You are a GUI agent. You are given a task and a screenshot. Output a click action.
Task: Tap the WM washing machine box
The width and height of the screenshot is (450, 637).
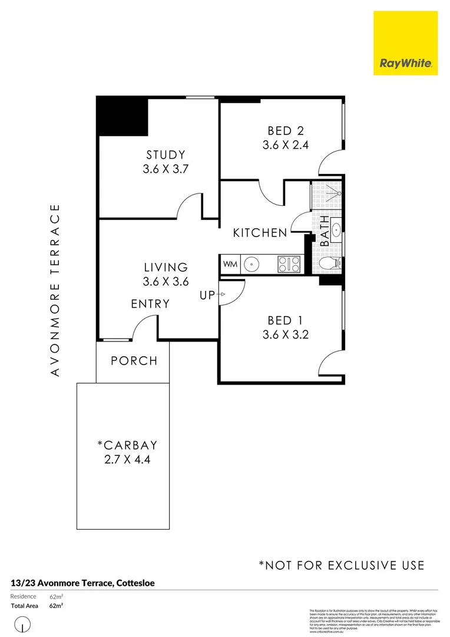230,264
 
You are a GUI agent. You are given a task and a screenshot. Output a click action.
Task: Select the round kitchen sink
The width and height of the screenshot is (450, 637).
252,264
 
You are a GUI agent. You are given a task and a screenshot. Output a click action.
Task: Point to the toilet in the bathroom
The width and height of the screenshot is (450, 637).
330,264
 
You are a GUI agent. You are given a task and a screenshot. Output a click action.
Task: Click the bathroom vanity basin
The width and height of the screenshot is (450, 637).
335,229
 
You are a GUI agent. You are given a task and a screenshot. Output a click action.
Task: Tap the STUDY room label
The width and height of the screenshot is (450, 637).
166,155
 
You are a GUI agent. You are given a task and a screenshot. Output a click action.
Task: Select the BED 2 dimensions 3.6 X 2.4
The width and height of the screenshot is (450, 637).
286,145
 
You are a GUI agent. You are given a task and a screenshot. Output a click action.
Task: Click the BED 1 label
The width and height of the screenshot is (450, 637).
285,320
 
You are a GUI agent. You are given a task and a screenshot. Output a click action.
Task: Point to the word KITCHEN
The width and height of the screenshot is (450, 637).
260,233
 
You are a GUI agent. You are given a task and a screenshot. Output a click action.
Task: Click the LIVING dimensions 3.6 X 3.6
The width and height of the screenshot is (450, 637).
166,282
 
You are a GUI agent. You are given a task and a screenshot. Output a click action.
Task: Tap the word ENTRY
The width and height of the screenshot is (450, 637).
150,304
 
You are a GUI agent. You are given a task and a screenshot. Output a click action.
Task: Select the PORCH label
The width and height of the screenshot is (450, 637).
134,360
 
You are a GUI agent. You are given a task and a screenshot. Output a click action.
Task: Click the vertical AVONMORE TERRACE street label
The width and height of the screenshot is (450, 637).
55,290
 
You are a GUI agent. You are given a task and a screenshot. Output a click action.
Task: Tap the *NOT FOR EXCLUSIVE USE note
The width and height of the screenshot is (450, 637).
342,565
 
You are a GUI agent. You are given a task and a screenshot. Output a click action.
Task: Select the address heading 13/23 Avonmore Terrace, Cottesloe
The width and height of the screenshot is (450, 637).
83,583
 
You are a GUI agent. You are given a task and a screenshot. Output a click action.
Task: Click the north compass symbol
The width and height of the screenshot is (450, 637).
22,623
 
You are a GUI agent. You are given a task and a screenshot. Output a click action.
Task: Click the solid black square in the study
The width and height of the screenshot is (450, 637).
123,116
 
